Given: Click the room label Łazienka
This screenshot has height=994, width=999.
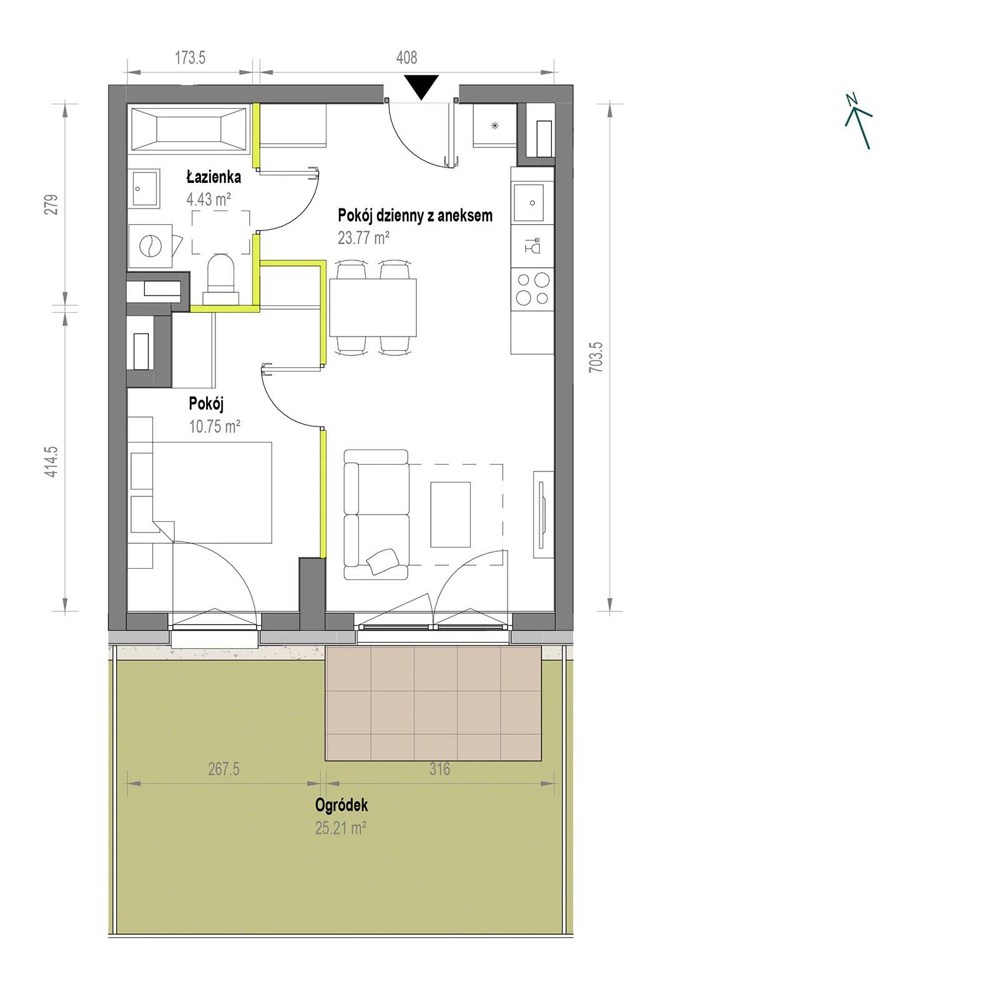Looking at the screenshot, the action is (214, 177).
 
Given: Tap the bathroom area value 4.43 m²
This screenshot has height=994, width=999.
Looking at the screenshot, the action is (209, 200).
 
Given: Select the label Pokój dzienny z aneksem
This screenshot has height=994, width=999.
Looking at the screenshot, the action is (415, 215).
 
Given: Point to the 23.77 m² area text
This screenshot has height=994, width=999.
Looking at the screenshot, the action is (363, 238).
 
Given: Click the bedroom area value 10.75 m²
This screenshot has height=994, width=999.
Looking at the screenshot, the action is (214, 426).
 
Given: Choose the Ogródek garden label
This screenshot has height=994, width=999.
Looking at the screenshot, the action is (342, 805).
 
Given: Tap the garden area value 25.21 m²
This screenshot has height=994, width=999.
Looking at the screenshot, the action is (340, 828).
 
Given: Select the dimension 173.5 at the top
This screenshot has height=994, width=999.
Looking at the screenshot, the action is (190, 58).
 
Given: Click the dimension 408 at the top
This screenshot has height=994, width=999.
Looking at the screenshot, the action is (406, 57).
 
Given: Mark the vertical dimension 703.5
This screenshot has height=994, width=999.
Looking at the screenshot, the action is (596, 358).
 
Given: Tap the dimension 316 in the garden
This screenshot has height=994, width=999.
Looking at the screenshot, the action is (440, 769).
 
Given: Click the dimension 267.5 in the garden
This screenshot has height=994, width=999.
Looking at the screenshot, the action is (224, 769).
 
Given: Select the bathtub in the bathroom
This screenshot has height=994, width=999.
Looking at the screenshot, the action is (189, 129).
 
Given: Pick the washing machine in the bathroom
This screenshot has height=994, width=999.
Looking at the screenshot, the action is (150, 247).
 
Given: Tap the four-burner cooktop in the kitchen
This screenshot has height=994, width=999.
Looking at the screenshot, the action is (533, 289).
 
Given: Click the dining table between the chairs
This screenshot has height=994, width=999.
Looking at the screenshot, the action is (373, 308).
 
